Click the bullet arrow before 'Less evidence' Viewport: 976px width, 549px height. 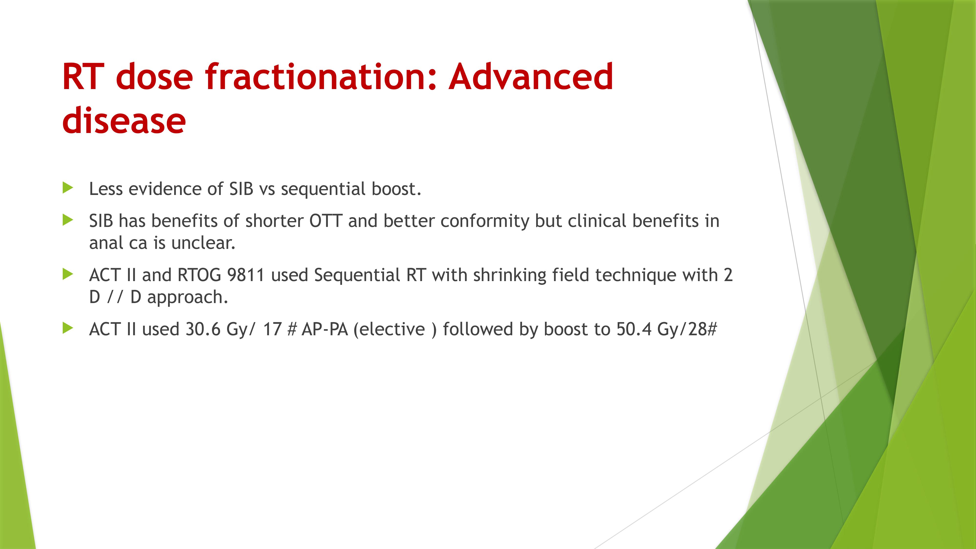[x=68, y=188]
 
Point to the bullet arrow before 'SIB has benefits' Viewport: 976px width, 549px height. [x=68, y=220]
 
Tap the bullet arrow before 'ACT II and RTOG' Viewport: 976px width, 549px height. [x=68, y=274]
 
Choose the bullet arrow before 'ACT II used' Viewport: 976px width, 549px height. [x=68, y=328]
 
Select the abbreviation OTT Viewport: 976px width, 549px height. [x=326, y=221]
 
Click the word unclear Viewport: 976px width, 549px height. [x=203, y=243]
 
